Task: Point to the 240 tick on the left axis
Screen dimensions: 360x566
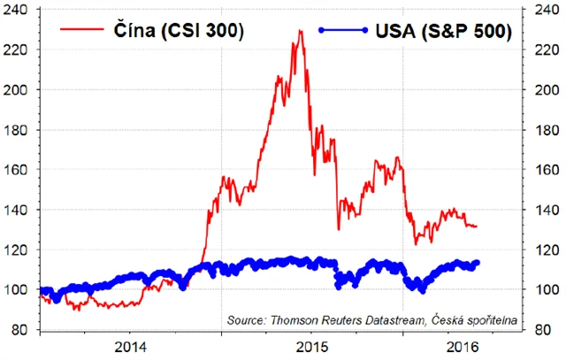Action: (x=20, y=10)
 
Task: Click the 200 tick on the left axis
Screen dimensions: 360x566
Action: (x=20, y=90)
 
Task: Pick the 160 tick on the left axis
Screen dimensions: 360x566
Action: (x=20, y=170)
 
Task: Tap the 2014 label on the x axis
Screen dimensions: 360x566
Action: (x=131, y=346)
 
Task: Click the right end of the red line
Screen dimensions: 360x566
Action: (x=477, y=226)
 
